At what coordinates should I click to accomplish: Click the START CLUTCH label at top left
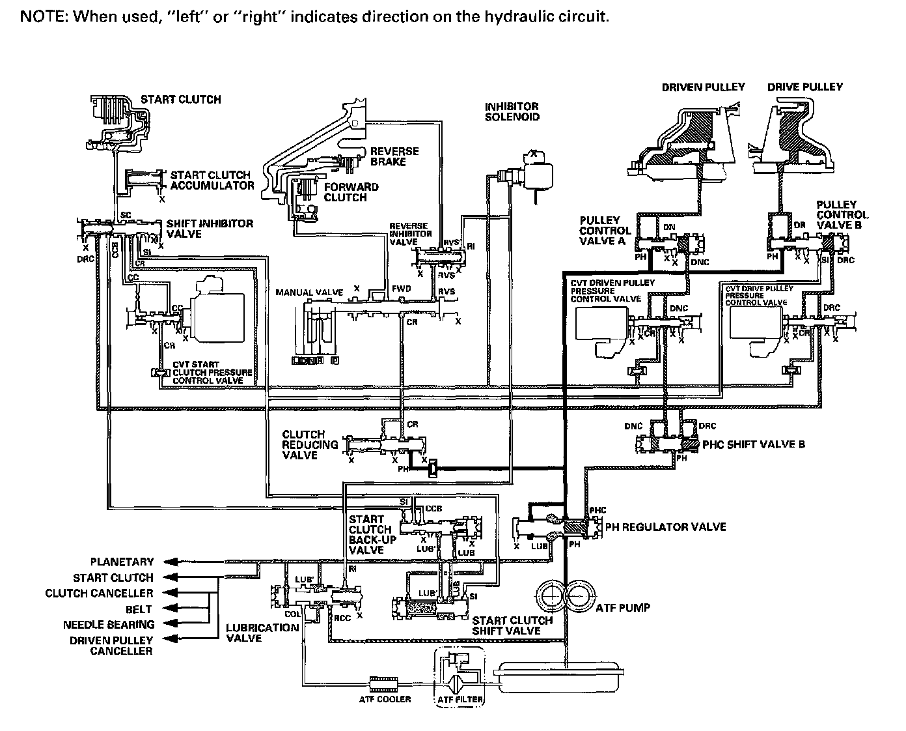point(181,100)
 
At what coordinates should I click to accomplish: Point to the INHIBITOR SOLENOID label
point(512,111)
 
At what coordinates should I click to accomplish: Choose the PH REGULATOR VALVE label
point(665,526)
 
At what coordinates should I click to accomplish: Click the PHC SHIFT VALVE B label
point(754,444)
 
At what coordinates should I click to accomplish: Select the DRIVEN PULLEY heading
point(703,87)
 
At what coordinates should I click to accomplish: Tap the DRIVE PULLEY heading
point(804,87)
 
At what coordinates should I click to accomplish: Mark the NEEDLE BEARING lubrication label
point(108,625)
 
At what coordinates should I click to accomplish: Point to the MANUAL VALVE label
point(309,293)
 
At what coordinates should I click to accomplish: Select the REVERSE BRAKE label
point(394,156)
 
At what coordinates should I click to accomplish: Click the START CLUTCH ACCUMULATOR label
point(212,180)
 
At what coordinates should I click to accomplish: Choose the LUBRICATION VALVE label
point(262,633)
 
